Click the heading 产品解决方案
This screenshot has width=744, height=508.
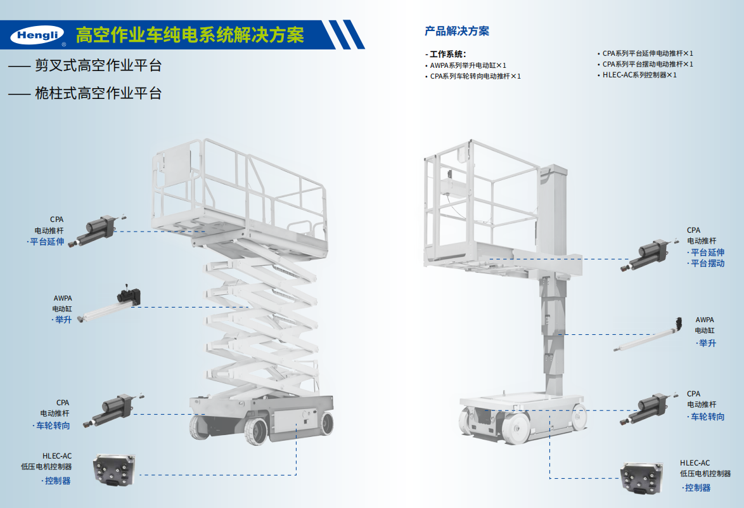(x=456, y=31)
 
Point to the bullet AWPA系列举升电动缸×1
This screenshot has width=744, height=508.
(x=468, y=65)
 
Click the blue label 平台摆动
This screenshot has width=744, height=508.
(x=707, y=263)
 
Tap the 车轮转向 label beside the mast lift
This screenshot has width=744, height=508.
(x=707, y=417)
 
